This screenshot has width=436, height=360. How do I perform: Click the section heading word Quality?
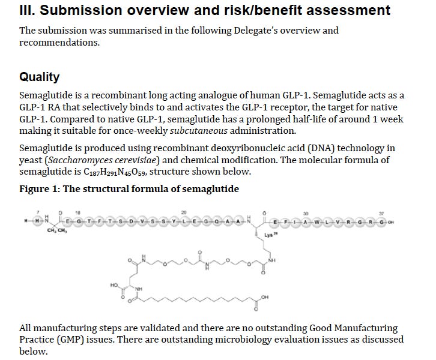pos(39,77)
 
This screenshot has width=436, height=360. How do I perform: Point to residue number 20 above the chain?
pos(184,212)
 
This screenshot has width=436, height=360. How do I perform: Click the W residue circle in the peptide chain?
pos(318,223)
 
